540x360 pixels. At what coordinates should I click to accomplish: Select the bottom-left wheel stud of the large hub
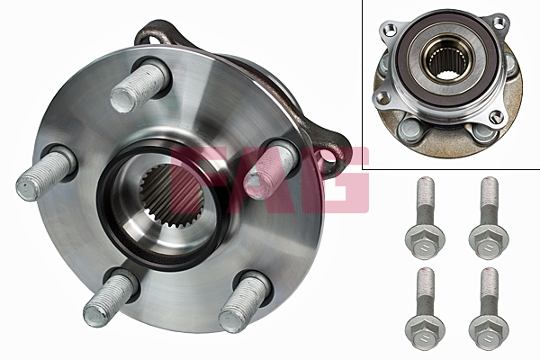point(109,297)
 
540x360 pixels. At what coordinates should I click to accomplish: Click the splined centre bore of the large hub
point(172,197)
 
